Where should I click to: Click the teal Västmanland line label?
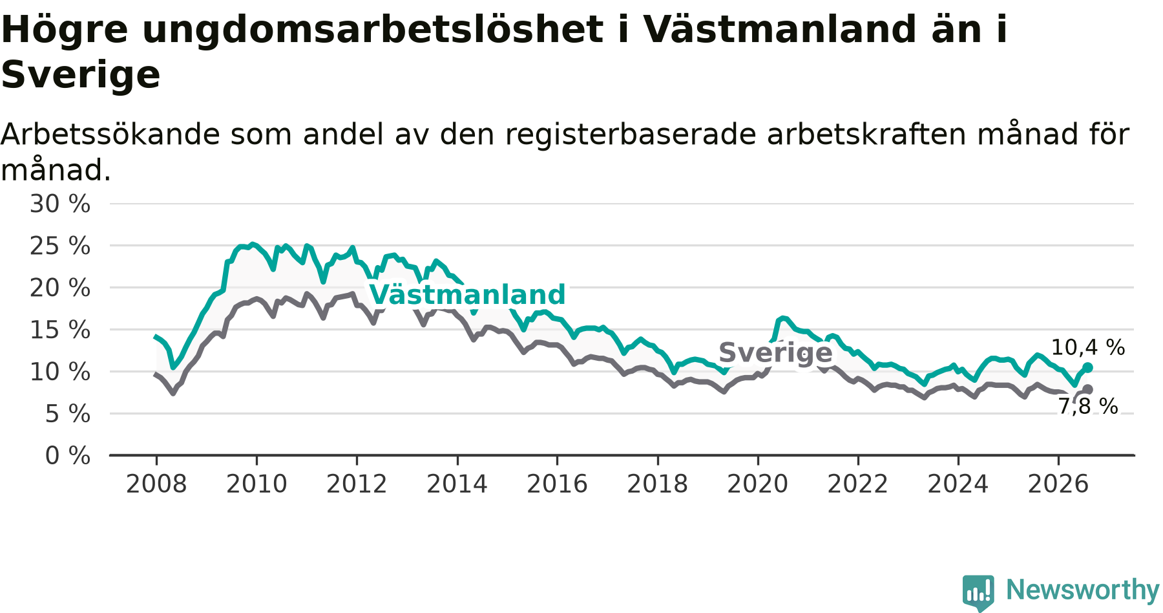pyautogui.click(x=468, y=295)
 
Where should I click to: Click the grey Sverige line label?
pyautogui.click(x=775, y=352)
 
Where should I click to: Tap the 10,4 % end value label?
pyautogui.click(x=1088, y=348)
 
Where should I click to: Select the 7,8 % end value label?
pyautogui.click(x=1088, y=406)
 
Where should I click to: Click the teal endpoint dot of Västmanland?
pyautogui.click(x=1087, y=367)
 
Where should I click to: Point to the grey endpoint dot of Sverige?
pyautogui.click(x=1087, y=389)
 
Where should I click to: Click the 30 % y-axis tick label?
pyautogui.click(x=60, y=204)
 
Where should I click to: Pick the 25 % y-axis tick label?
pyautogui.click(x=60, y=246)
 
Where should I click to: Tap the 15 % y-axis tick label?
pyautogui.click(x=60, y=330)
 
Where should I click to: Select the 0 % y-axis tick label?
pyautogui.click(x=68, y=456)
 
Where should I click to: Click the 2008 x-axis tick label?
pyautogui.click(x=156, y=484)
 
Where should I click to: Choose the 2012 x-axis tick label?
pyautogui.click(x=357, y=484)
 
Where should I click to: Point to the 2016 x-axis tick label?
pyautogui.click(x=557, y=484)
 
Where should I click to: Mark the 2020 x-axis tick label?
pyautogui.click(x=758, y=484)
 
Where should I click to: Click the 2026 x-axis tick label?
pyautogui.click(x=1058, y=484)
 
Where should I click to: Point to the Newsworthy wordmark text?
pyautogui.click(x=1083, y=590)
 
